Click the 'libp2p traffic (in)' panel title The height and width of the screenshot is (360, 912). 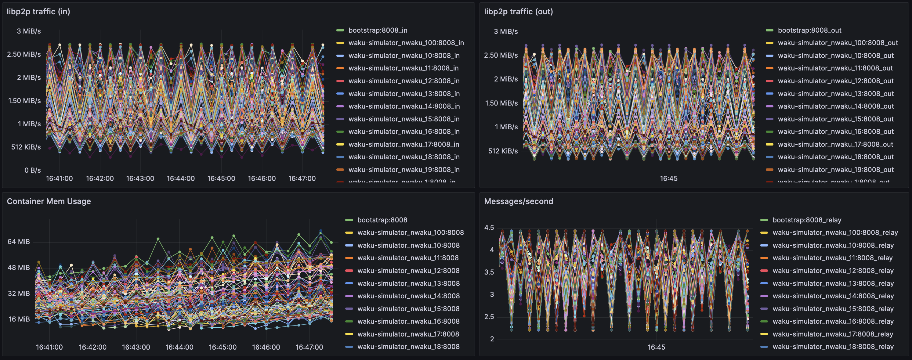point(38,12)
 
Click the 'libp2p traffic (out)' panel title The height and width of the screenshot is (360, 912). point(518,12)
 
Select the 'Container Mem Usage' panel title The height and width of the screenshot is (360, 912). point(49,201)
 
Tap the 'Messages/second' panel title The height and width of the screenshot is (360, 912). point(518,201)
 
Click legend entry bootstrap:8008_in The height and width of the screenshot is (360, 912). point(377,31)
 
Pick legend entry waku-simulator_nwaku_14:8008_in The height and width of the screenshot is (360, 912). point(404,106)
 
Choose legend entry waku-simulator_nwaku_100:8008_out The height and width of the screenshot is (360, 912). point(837,43)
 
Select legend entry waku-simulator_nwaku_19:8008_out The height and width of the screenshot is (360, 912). point(835,170)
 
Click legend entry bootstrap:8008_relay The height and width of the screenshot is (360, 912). point(806,220)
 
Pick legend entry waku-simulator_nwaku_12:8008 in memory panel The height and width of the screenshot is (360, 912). point(408,270)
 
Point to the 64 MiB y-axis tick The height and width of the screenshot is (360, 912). point(19,242)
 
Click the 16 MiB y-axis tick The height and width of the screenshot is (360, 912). point(19,319)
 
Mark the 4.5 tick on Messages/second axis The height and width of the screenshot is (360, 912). point(489,228)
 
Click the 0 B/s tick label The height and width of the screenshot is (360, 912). point(33,170)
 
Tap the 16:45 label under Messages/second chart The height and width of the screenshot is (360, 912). point(656,347)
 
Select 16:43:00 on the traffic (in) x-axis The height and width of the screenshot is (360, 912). point(140,178)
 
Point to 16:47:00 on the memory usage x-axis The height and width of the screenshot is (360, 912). point(309,347)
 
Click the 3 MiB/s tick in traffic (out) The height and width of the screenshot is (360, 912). point(505,31)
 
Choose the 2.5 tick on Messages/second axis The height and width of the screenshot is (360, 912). point(489,317)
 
